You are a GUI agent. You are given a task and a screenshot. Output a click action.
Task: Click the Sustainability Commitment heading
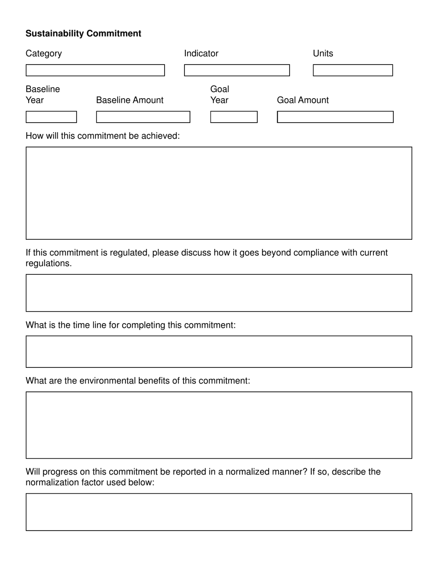pos(83,34)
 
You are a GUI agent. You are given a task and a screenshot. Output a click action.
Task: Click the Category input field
pos(95,70)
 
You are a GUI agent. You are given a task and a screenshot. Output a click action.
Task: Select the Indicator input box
pos(237,70)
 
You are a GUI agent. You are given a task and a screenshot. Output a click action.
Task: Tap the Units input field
pos(353,70)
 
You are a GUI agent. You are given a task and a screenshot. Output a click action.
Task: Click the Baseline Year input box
pos(51,117)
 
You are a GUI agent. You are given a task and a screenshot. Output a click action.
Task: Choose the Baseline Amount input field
pos(143,117)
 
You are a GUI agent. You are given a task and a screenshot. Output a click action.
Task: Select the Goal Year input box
pos(234,117)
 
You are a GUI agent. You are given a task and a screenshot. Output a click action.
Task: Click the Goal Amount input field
pos(335,117)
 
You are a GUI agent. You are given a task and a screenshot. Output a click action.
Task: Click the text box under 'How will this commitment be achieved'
pos(219,193)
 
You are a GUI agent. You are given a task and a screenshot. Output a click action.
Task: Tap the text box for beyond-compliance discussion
pos(219,293)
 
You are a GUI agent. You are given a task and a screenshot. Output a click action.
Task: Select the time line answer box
pos(219,352)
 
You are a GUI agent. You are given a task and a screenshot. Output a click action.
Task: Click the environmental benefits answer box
pos(219,425)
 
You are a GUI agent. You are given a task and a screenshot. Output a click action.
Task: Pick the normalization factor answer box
pos(219,512)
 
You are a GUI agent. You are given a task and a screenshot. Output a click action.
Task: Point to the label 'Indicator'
pos(201,53)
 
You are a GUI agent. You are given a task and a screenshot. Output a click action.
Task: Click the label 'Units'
pos(323,53)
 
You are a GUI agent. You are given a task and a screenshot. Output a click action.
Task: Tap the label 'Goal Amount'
pos(303,100)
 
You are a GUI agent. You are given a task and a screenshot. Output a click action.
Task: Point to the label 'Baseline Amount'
pos(130,100)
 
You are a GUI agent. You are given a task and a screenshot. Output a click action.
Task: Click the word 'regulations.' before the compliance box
pos(48,263)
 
